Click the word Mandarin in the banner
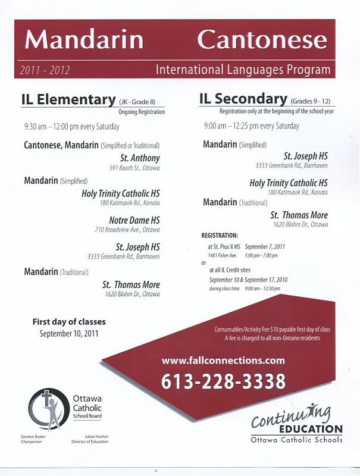click(84, 39)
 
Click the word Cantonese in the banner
click(262, 39)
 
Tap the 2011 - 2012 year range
click(45, 70)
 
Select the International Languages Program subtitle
click(243, 70)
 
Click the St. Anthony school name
click(140, 158)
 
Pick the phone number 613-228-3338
click(223, 381)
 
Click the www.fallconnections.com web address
click(223, 360)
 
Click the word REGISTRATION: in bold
click(220, 236)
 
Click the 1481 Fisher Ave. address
click(222, 255)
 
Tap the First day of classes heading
click(69, 322)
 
